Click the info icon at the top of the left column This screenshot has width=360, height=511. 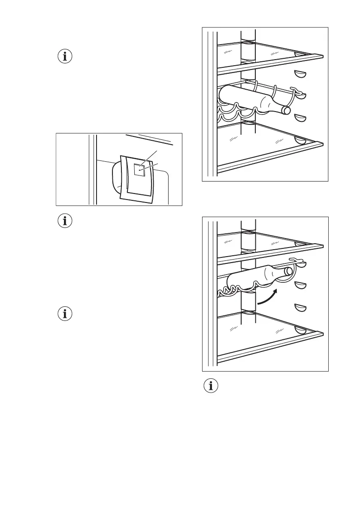click(x=65, y=57)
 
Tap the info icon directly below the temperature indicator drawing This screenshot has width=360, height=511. click(x=65, y=221)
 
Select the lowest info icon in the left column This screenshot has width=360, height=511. click(x=65, y=314)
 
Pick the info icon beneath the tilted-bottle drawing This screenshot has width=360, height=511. click(x=210, y=386)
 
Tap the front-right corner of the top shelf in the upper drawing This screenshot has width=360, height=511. click(x=321, y=55)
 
